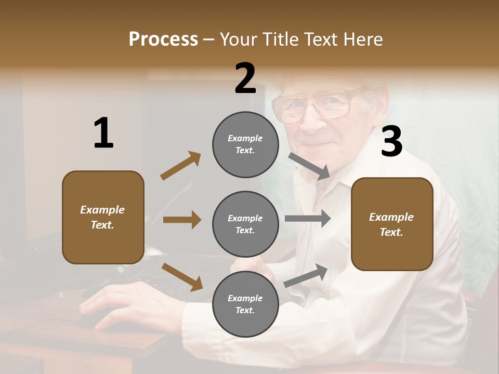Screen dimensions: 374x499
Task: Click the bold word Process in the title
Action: (163, 39)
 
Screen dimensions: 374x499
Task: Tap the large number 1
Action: (103, 133)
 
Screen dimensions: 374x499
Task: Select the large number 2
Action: (245, 78)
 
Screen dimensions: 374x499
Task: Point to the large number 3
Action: (391, 142)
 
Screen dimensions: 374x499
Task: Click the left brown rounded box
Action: (103, 217)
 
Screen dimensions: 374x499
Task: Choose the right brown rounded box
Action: (392, 224)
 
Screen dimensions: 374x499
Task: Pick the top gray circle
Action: (245, 144)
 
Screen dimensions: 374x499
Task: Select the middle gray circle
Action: (245, 224)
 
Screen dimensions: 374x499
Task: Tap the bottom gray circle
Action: (245, 304)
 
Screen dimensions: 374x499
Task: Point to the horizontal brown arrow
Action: (182, 220)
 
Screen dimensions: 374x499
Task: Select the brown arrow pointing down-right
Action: (182, 276)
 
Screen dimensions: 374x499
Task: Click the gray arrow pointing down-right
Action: (309, 166)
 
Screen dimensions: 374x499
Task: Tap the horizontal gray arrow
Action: (307, 219)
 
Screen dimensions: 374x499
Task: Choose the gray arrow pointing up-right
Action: (306, 275)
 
